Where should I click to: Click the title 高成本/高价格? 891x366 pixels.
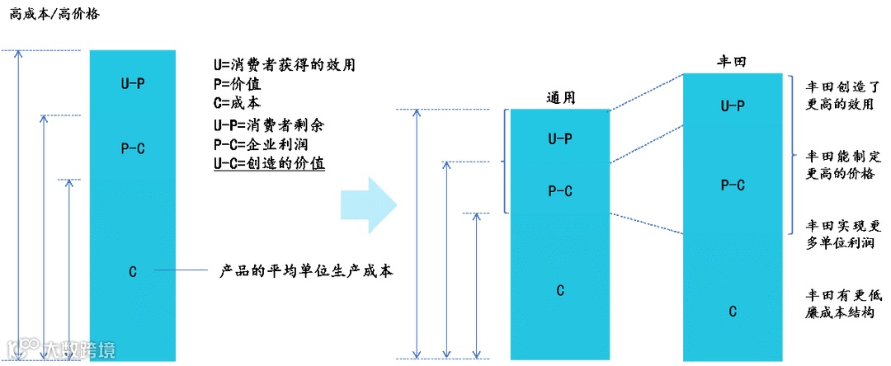(54, 14)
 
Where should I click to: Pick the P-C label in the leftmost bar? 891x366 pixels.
(133, 148)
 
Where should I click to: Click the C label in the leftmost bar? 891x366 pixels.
(133, 271)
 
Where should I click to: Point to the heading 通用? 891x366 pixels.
(560, 97)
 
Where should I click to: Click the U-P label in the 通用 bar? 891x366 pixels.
(560, 138)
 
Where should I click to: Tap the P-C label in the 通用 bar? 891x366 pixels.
(560, 190)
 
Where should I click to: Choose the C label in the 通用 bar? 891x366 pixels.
(560, 289)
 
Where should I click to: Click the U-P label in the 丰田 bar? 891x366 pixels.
(732, 106)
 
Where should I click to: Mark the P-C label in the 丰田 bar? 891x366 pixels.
(732, 185)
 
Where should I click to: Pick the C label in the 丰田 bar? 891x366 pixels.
(732, 311)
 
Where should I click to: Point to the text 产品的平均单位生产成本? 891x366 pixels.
(305, 270)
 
